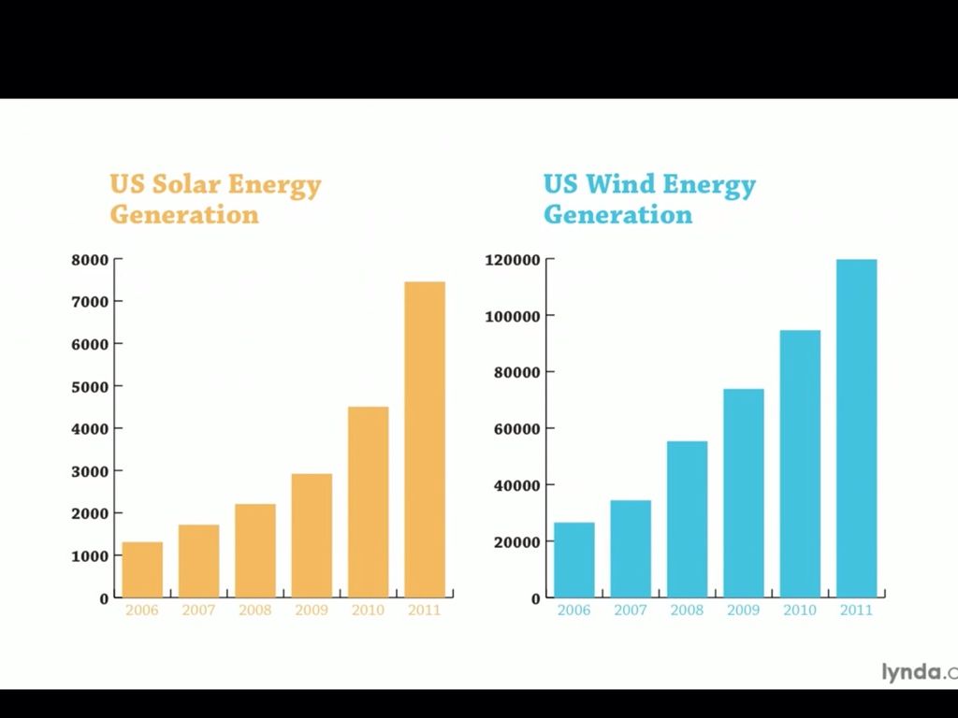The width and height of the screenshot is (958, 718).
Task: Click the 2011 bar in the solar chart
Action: pos(425,439)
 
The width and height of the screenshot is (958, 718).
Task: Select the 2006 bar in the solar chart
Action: pos(142,569)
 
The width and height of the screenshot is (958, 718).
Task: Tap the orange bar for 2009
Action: pos(312,535)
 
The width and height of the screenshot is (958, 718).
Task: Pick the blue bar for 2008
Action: pos(687,519)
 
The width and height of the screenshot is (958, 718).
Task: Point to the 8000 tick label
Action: pos(90,260)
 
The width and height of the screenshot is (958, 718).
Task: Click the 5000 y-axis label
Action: pos(90,386)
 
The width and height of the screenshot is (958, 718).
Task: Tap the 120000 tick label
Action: pos(513,260)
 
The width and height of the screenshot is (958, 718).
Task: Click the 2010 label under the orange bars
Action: pos(368,610)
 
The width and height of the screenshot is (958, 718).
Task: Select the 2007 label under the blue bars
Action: pos(631,610)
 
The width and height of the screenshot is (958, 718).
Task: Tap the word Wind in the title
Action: pos(619,184)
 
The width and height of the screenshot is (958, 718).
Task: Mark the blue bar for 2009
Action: pos(743,493)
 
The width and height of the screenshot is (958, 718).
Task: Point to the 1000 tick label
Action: pos(90,555)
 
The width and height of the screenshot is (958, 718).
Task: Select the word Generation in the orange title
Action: pos(184,214)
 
